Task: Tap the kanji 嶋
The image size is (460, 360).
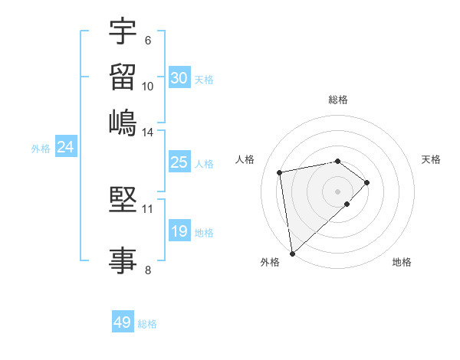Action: tap(123, 121)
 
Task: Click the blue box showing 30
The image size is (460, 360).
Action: tap(179, 78)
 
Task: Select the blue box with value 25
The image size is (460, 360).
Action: tap(179, 162)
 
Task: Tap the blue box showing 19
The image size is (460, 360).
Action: tap(179, 231)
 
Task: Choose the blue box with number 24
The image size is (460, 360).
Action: tap(66, 148)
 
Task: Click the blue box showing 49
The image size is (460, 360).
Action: tap(123, 322)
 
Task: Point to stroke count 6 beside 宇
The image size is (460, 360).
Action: tap(147, 41)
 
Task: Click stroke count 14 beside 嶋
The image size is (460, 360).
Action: tap(148, 133)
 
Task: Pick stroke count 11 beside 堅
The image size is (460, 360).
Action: tap(148, 208)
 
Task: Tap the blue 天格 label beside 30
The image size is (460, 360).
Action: tap(204, 79)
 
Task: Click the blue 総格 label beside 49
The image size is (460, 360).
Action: tap(147, 324)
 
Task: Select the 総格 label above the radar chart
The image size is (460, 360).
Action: tap(338, 100)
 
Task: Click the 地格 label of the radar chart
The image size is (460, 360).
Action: tap(402, 262)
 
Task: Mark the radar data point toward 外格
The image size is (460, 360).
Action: tap(292, 253)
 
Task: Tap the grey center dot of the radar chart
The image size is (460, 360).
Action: tap(338, 191)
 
